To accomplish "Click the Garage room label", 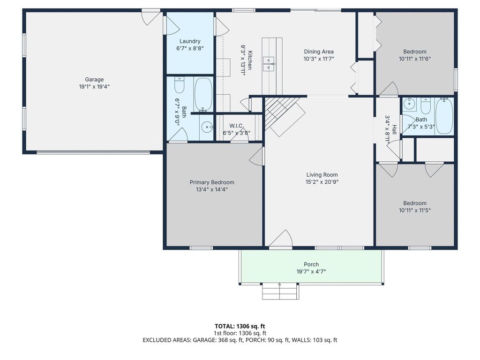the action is tap(94, 80).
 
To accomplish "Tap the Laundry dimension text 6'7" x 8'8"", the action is tap(190, 48).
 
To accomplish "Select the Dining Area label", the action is tap(319, 52).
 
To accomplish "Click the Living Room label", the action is tap(322, 175).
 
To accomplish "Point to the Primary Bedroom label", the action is tap(212, 182).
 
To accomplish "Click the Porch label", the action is tap(311, 264).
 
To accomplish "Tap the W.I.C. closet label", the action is tap(236, 126).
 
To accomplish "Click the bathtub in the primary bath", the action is tap(203, 94).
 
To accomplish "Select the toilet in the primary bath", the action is tap(180, 85).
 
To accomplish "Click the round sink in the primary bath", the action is tap(207, 127).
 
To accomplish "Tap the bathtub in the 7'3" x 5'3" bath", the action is tap(444, 116).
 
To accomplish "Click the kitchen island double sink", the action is tap(269, 64).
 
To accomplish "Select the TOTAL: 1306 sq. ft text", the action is tap(240, 326).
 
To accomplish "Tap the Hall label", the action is tap(394, 129).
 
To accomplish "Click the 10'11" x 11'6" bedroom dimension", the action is tap(415, 59).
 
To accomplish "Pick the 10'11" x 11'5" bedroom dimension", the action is tap(415, 210).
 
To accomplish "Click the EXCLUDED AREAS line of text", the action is tap(240, 340).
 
